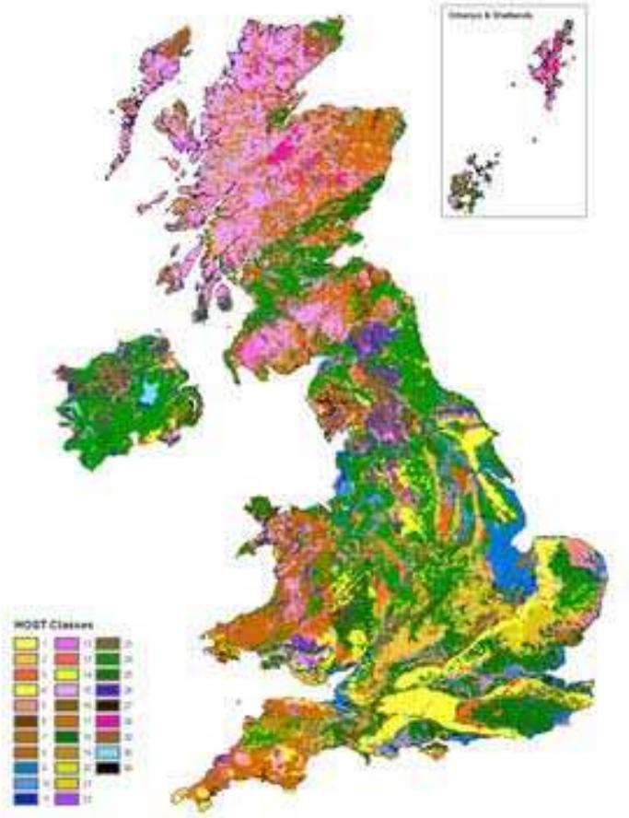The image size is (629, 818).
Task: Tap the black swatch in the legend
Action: (x=107, y=768)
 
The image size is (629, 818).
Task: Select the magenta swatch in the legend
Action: (x=107, y=720)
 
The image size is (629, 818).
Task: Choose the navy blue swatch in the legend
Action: (x=25, y=800)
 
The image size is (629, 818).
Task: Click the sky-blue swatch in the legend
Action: (x=107, y=753)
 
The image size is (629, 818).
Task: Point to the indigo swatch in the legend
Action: (x=107, y=689)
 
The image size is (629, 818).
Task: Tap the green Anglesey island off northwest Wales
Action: (x=260, y=508)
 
